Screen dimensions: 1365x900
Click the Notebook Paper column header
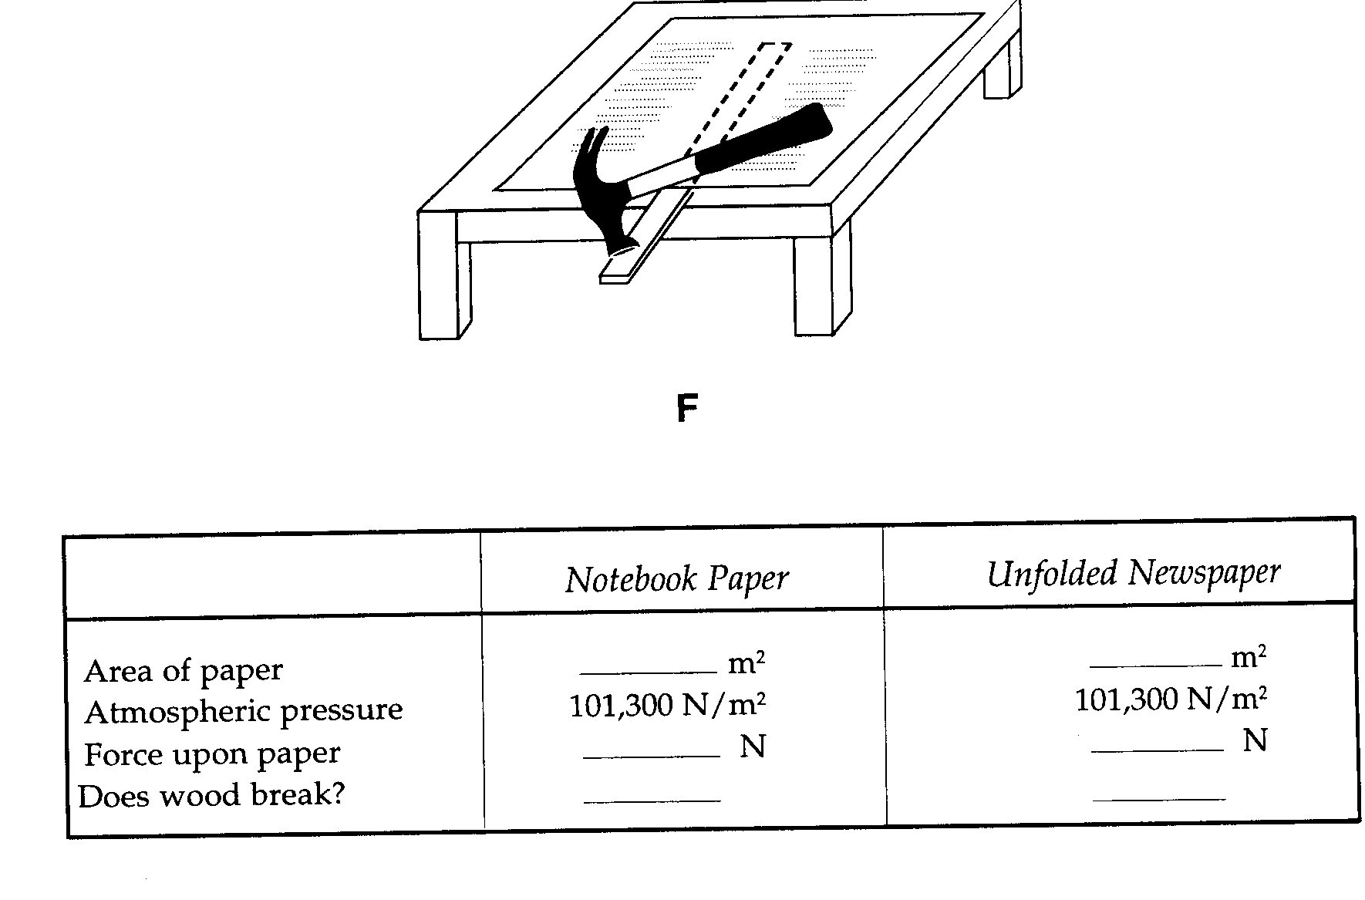[676, 579]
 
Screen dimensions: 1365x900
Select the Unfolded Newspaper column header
[1134, 573]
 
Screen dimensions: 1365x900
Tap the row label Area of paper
[184, 671]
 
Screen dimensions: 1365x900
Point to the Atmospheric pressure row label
[244, 711]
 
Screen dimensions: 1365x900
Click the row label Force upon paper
[212, 753]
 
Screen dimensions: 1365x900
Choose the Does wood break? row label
[211, 795]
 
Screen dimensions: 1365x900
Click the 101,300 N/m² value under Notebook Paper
[668, 705]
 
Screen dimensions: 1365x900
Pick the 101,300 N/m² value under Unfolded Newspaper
[1171, 699]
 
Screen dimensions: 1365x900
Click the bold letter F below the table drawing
[686, 409]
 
